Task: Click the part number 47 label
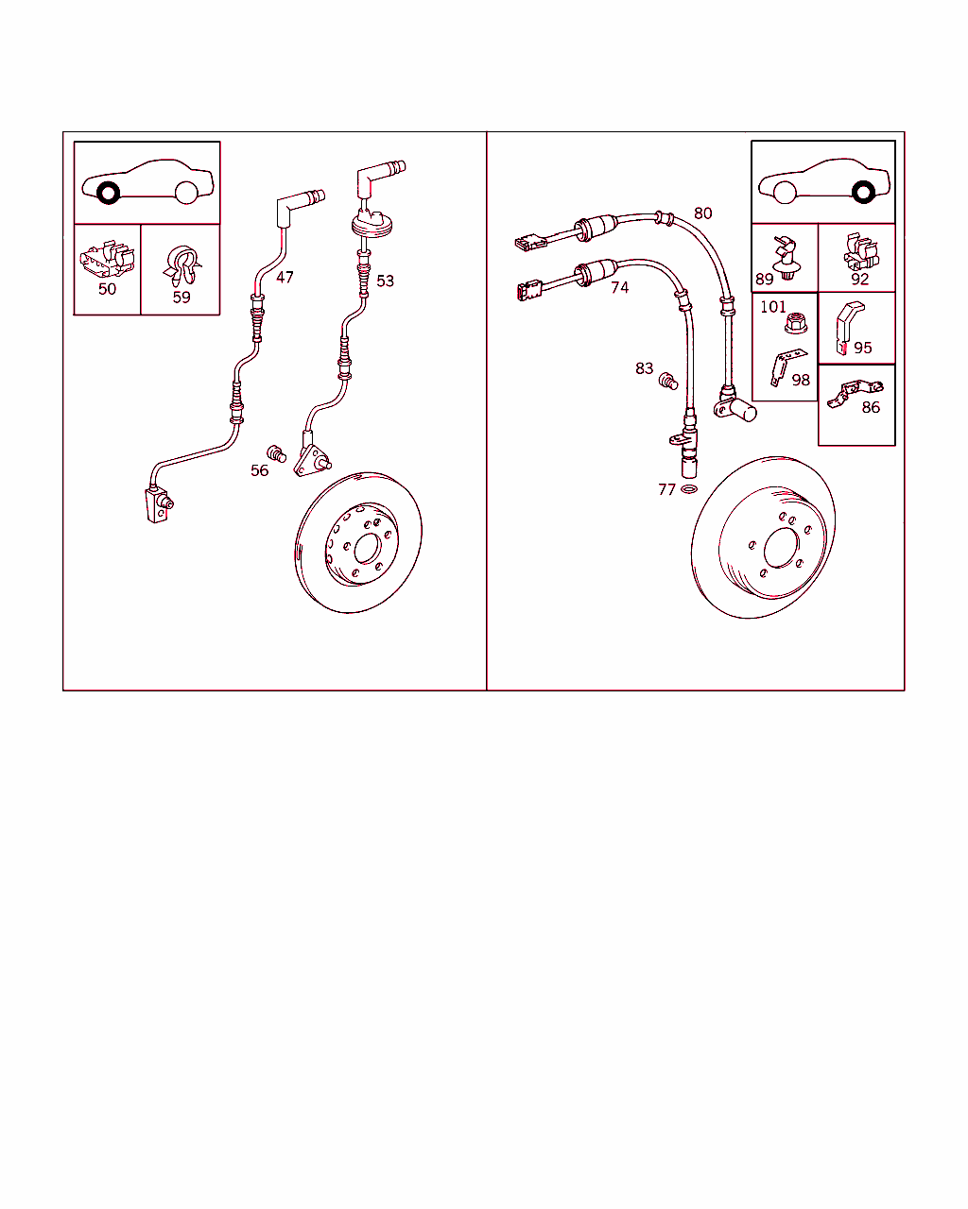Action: point(285,277)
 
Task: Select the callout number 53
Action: point(385,281)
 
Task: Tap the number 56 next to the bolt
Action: point(259,470)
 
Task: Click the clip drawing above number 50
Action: point(107,258)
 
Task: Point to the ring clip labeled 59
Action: point(181,264)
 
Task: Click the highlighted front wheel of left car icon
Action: point(106,193)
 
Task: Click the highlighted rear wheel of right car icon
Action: point(862,192)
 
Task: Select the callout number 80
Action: point(702,213)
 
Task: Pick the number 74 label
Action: point(619,287)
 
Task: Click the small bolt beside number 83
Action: point(668,381)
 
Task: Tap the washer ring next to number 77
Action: point(690,490)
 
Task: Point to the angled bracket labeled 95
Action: point(846,326)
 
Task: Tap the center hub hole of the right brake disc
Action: point(781,550)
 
